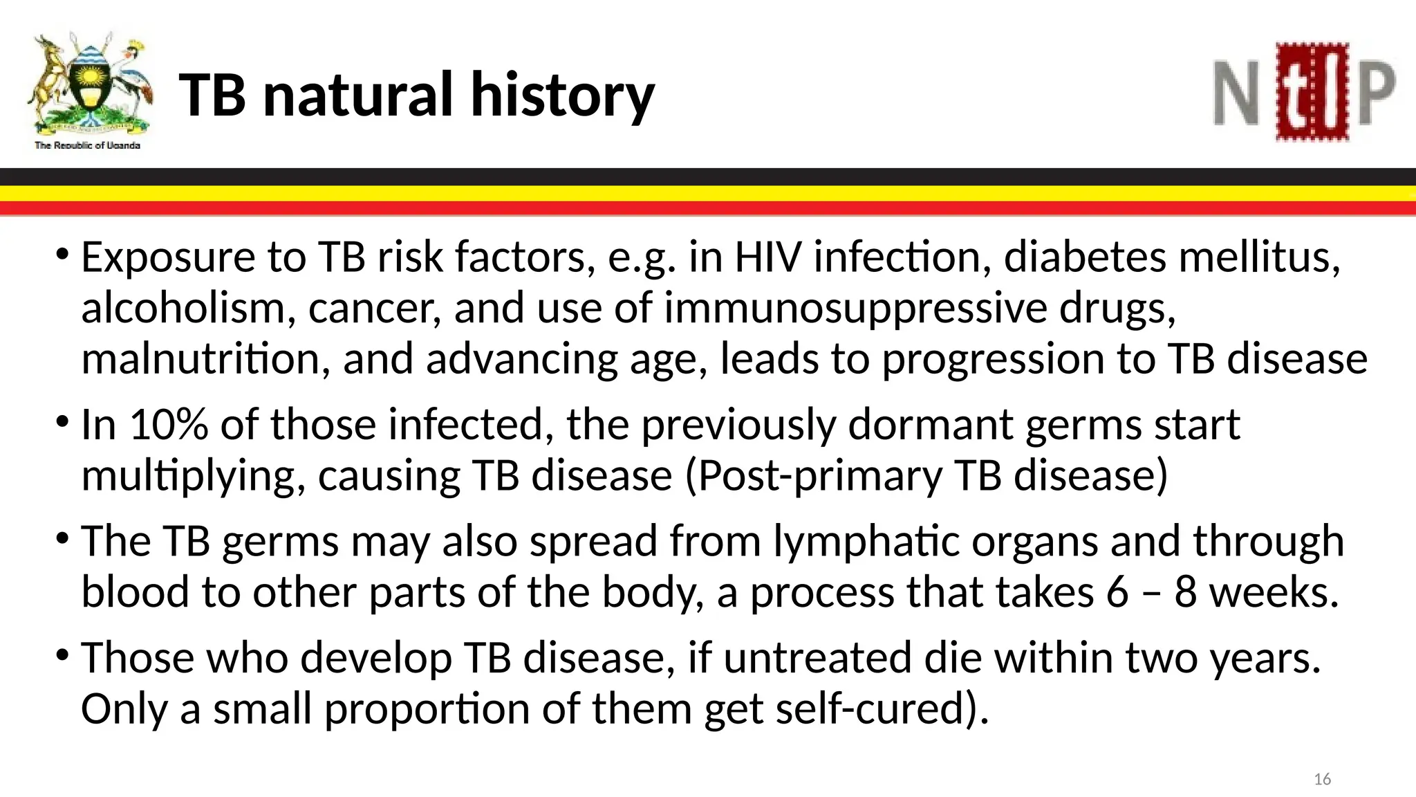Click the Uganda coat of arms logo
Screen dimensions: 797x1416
pos(88,83)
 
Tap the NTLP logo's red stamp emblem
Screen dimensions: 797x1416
pos(1312,92)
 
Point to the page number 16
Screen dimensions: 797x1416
pos(1322,780)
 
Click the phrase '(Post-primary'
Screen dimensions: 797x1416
pos(813,476)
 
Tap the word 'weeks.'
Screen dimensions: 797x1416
pos(1274,592)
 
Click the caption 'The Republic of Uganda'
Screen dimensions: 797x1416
pos(88,145)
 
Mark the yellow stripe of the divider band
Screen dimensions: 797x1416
pos(708,193)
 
